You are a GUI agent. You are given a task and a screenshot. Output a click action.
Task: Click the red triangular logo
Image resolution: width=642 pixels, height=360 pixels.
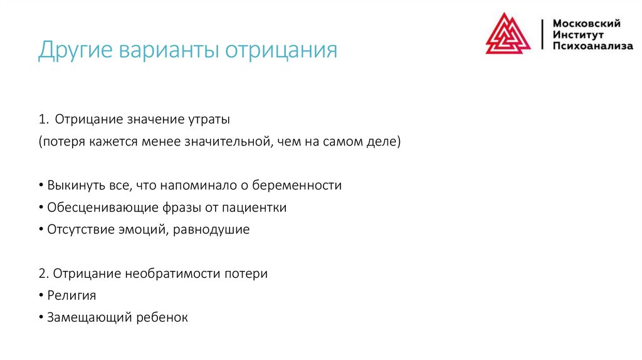click(508, 34)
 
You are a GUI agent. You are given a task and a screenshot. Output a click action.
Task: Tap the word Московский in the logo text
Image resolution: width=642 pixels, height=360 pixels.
click(586, 23)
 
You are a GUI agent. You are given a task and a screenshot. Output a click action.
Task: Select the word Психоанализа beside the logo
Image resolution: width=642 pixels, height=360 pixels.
click(592, 46)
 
